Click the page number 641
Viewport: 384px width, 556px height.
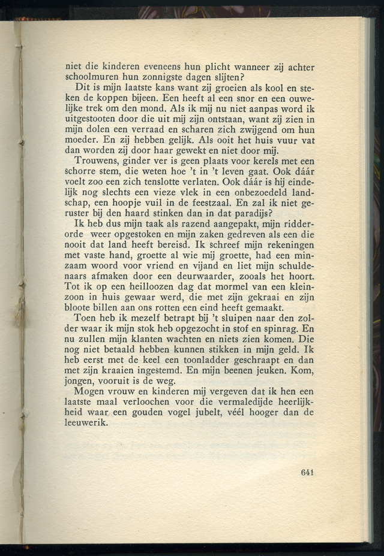coord(307,472)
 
